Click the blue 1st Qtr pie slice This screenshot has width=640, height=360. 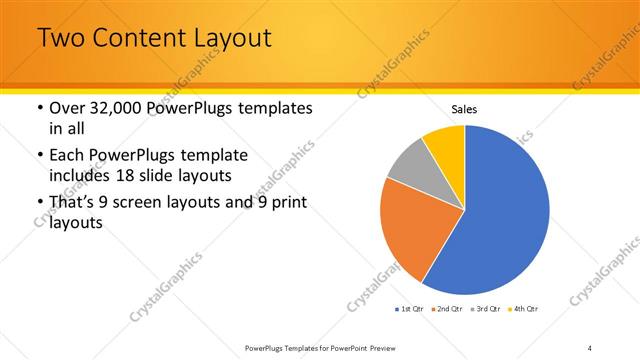pyautogui.click(x=505, y=215)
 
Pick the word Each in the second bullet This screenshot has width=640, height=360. pyautogui.click(x=67, y=156)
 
